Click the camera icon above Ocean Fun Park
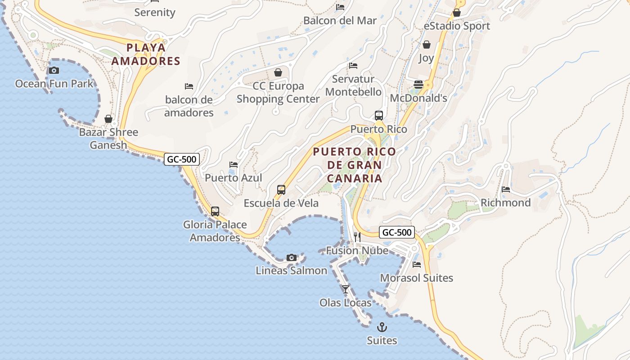point(54,70)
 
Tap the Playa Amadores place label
point(145,54)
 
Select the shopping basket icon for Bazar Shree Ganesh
point(108,119)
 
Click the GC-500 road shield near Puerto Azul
point(181,159)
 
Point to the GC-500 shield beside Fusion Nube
point(396,232)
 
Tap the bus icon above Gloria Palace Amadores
point(215,211)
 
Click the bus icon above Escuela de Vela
point(281,189)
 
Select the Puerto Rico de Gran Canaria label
point(355,165)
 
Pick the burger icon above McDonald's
point(418,85)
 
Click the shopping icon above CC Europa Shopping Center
point(278,72)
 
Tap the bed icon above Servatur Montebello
point(353,66)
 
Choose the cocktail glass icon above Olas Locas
point(346,289)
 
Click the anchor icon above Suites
point(382,327)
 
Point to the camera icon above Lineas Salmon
point(292,257)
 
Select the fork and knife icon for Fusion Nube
point(357,237)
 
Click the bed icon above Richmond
point(506,189)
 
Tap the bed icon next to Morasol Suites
point(417,265)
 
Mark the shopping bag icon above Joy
point(426,45)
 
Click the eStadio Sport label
point(457,26)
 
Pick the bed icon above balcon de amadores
point(189,86)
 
